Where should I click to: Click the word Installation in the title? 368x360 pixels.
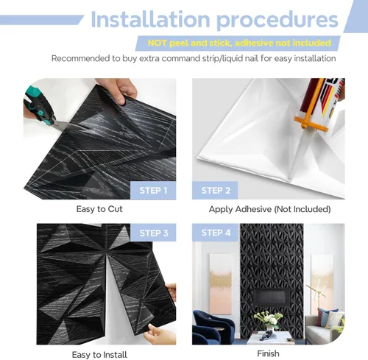pyautogui.click(x=150, y=19)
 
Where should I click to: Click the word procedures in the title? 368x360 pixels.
pyautogui.click(x=277, y=21)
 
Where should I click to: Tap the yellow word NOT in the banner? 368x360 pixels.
pyautogui.click(x=158, y=43)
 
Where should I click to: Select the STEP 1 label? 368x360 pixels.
pyautogui.click(x=153, y=191)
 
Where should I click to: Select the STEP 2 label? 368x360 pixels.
pyautogui.click(x=216, y=191)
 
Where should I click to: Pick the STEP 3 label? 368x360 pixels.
pyautogui.click(x=154, y=233)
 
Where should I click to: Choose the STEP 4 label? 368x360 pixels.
pyautogui.click(x=216, y=233)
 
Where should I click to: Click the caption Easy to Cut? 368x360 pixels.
pyautogui.click(x=99, y=209)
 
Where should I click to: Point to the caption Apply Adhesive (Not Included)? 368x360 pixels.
pyautogui.click(x=269, y=209)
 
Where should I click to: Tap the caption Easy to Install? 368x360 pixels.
pyautogui.click(x=99, y=355)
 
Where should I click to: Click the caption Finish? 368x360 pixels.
pyautogui.click(x=268, y=353)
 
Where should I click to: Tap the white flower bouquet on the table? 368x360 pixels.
pyautogui.click(x=266, y=318)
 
